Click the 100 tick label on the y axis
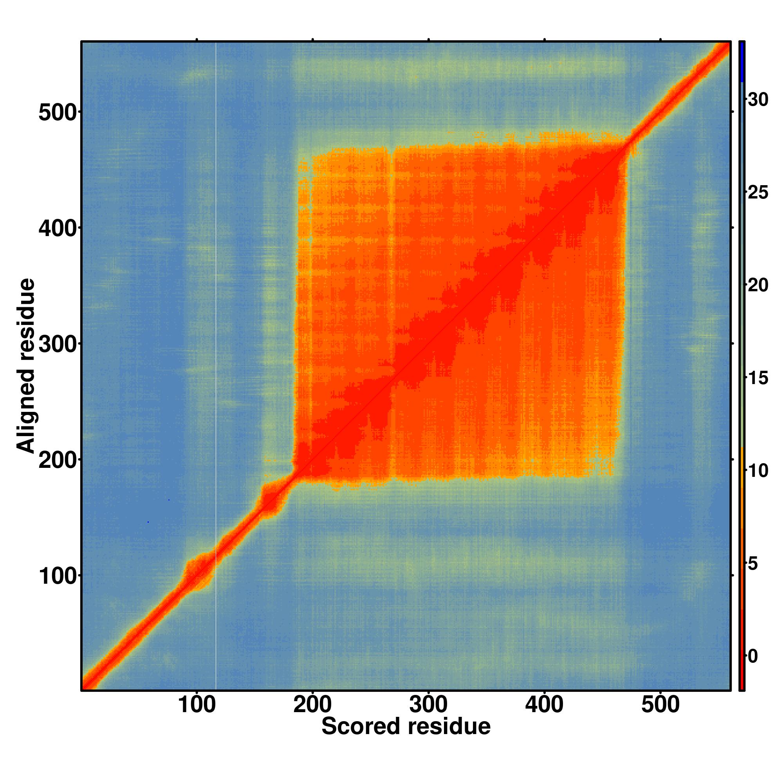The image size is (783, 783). pyautogui.click(x=57, y=576)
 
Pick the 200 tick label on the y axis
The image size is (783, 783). pyautogui.click(x=57, y=460)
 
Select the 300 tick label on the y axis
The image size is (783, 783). pyautogui.click(x=57, y=344)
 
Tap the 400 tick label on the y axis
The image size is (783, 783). pyautogui.click(x=57, y=228)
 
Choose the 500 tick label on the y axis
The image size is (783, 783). pyautogui.click(x=57, y=112)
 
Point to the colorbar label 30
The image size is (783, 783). pyautogui.click(x=758, y=99)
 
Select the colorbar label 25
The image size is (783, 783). pyautogui.click(x=758, y=192)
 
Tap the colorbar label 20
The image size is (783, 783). pyautogui.click(x=758, y=285)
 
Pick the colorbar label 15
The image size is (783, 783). pyautogui.click(x=758, y=378)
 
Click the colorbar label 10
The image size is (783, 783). pyautogui.click(x=758, y=471)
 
